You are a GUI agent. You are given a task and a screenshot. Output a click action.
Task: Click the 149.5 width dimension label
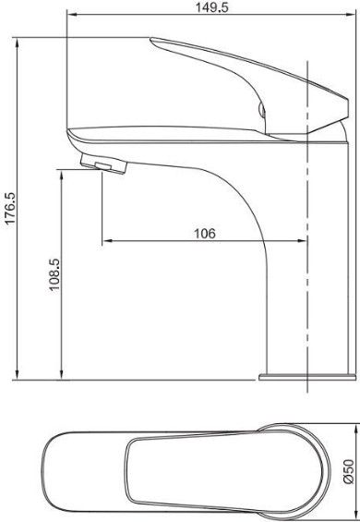click(x=211, y=7)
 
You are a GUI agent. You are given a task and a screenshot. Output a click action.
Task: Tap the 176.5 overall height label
click(x=10, y=208)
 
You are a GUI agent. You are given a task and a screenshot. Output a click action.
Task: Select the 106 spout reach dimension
click(x=205, y=234)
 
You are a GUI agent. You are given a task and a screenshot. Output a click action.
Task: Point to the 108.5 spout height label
click(x=54, y=274)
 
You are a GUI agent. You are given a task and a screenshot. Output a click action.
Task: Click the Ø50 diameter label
click(x=349, y=471)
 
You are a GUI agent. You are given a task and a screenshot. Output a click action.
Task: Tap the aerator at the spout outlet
click(x=103, y=164)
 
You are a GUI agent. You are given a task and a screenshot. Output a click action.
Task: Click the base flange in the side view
click(x=307, y=377)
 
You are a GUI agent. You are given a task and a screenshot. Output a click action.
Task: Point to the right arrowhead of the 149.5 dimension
click(x=351, y=14)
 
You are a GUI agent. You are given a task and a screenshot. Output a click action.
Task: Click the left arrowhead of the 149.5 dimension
click(x=72, y=14)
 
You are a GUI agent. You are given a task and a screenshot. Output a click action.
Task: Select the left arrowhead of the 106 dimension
click(x=107, y=240)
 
